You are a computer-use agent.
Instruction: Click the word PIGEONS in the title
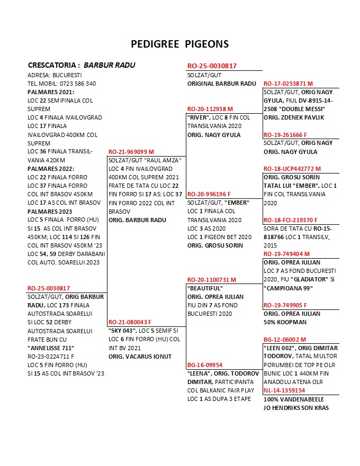(x=207, y=44)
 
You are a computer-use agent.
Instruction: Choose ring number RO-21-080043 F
(x=130, y=322)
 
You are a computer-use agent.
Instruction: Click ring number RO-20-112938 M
(x=210, y=109)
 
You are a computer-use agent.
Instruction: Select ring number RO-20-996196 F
(x=209, y=194)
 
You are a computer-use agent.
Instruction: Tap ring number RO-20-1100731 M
(x=212, y=279)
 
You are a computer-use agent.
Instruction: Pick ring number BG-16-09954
(x=205, y=364)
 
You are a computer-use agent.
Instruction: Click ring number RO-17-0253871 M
(x=288, y=84)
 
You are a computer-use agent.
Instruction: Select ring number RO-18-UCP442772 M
(x=292, y=169)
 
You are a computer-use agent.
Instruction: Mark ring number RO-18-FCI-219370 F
(x=291, y=220)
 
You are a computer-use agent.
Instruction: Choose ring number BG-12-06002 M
(x=285, y=339)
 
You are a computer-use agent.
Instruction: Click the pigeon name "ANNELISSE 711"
(x=51, y=348)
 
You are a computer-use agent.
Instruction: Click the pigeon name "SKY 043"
(x=122, y=331)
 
